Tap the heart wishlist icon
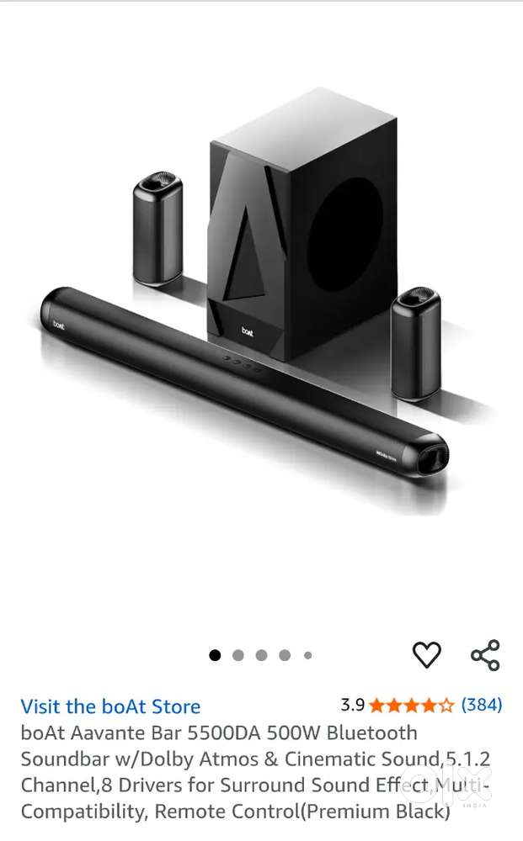(426, 655)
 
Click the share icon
(485, 655)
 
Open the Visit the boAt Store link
(110, 706)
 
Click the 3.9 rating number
(352, 705)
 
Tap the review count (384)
(482, 705)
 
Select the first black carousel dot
(215, 655)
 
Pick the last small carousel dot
(307, 655)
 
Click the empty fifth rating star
(446, 706)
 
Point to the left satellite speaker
(157, 228)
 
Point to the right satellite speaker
(416, 343)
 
